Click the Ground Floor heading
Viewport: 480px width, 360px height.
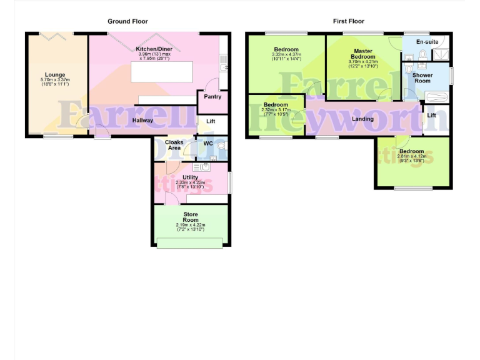[x=127, y=21]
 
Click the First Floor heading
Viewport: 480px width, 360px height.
[x=349, y=21]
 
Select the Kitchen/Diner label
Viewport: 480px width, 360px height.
[x=154, y=48]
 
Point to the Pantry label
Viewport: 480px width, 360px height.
[x=212, y=97]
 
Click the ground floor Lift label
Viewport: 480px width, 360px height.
[x=211, y=121]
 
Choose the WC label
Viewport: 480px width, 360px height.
[x=209, y=144]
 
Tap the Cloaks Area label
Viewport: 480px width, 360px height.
[x=174, y=145]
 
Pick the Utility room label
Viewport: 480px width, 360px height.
[x=190, y=177]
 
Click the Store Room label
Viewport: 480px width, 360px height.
[x=191, y=217]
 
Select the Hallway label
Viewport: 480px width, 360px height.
[x=142, y=120]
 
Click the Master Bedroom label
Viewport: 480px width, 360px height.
[x=363, y=54]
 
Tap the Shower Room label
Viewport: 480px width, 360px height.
[x=422, y=77]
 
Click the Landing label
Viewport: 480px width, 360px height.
[x=363, y=119]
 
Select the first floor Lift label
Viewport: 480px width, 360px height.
[x=432, y=116]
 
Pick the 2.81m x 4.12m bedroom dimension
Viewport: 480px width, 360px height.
[x=412, y=156]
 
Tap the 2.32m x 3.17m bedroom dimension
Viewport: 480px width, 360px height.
[x=276, y=110]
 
